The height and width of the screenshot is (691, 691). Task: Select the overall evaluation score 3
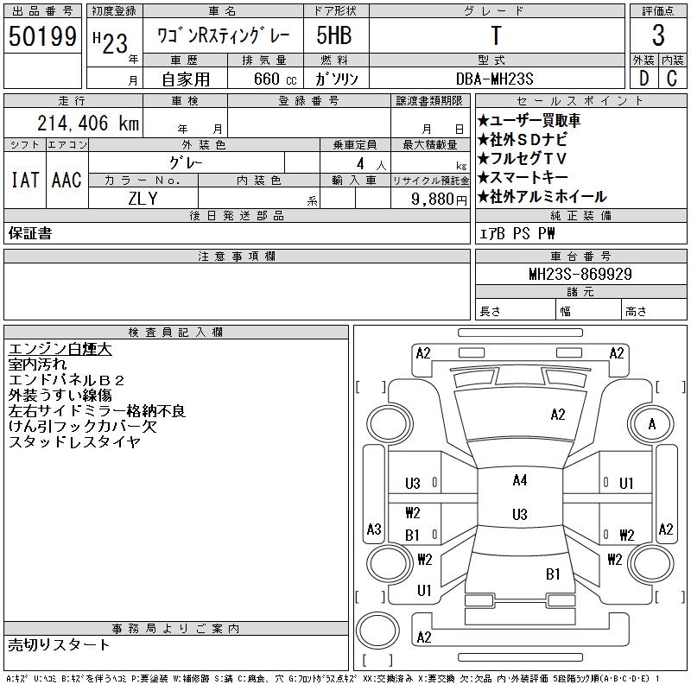pos(658,36)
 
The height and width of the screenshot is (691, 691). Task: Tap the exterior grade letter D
pos(643,78)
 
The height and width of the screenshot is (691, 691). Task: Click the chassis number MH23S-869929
pos(580,274)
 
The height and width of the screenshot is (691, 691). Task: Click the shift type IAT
pos(24,180)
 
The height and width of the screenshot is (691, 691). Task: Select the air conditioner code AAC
pos(67,180)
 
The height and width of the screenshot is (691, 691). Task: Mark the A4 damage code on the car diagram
pos(519,480)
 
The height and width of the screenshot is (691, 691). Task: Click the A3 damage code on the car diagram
pos(374,529)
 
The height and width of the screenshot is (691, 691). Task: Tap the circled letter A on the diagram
pos(652,424)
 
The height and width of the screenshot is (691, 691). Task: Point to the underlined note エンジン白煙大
pos(60,350)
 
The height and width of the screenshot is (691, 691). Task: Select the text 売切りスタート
pos(60,644)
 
